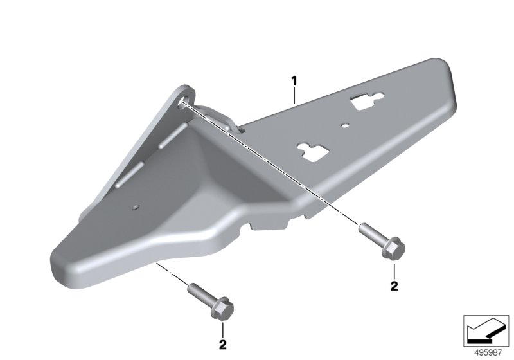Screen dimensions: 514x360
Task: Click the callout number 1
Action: [x=294, y=80]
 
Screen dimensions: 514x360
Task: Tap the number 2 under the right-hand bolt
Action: [x=394, y=286]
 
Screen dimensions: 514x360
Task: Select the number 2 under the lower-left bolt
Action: [x=222, y=345]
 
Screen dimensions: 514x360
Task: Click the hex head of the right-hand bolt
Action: [x=394, y=248]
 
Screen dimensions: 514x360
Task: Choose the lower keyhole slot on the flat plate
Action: [x=315, y=152]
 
